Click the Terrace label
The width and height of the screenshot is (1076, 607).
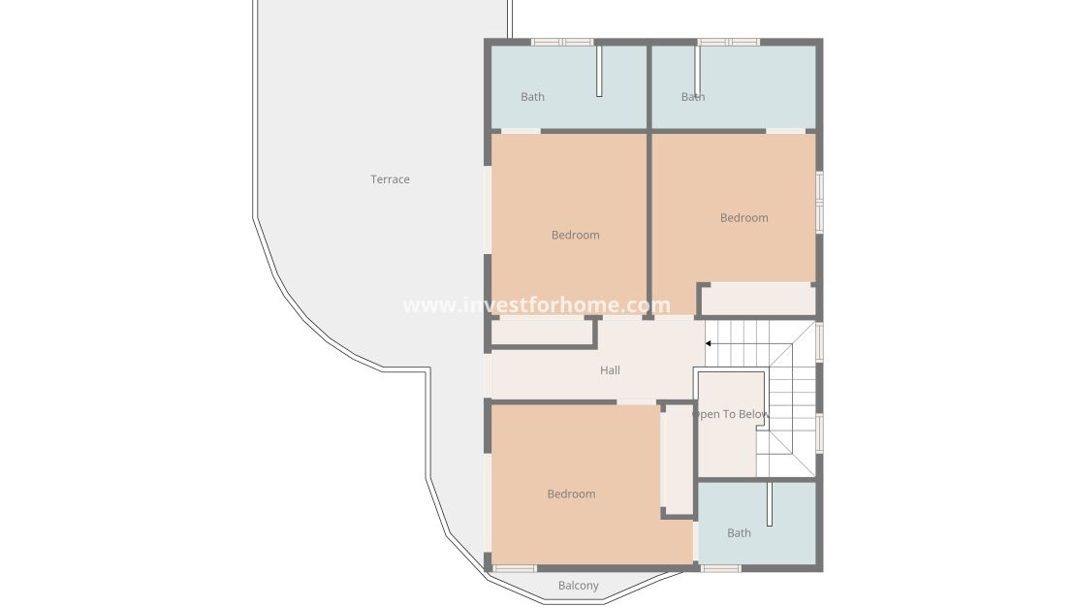pyautogui.click(x=390, y=179)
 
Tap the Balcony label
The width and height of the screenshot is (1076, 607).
pyautogui.click(x=579, y=586)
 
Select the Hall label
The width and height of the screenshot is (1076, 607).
pyautogui.click(x=610, y=370)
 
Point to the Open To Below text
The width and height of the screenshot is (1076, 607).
pyautogui.click(x=731, y=415)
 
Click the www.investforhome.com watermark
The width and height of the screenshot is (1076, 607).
pyautogui.click(x=536, y=305)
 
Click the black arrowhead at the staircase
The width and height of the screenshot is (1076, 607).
pyautogui.click(x=709, y=343)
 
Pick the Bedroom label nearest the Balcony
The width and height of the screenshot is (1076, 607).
pyautogui.click(x=571, y=495)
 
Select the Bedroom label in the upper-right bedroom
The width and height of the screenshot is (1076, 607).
pyautogui.click(x=744, y=218)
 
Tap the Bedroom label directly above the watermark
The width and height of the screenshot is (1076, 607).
pyautogui.click(x=575, y=235)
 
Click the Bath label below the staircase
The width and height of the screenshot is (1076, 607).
pyautogui.click(x=739, y=533)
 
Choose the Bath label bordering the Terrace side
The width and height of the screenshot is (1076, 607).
pyautogui.click(x=532, y=97)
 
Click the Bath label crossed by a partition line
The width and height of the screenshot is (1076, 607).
pyautogui.click(x=692, y=97)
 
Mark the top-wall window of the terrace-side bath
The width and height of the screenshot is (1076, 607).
pyautogui.click(x=562, y=42)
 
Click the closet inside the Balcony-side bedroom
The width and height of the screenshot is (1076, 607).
pyautogui.click(x=677, y=460)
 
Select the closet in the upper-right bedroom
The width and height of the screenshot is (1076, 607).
pyautogui.click(x=757, y=300)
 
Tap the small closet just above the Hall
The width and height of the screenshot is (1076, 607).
pyautogui.click(x=542, y=332)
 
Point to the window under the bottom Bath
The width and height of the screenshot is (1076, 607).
pyautogui.click(x=720, y=568)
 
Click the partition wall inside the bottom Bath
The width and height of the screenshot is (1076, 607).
pyautogui.click(x=770, y=503)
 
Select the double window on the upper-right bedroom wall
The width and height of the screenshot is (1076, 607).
pyautogui.click(x=819, y=203)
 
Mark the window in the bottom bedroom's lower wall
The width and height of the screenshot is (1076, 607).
pyautogui.click(x=515, y=568)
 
